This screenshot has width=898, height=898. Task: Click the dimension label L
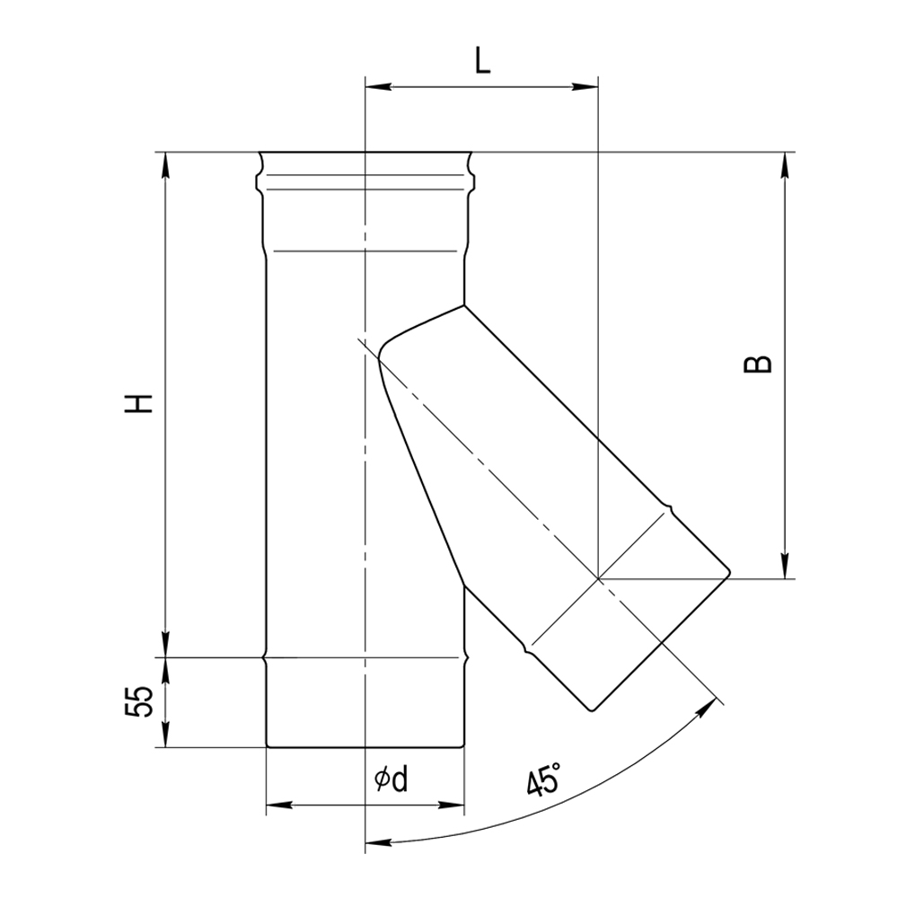tap(483, 62)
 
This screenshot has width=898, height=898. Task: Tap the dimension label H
tap(138, 403)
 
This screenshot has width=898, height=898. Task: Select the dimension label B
tap(757, 365)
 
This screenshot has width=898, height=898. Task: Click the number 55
tap(139, 701)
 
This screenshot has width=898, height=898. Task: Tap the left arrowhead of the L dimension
tap(378, 87)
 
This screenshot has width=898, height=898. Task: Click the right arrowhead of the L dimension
tap(585, 87)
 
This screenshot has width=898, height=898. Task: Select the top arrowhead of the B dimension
tap(785, 165)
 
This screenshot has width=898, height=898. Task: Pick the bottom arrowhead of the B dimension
tap(785, 565)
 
